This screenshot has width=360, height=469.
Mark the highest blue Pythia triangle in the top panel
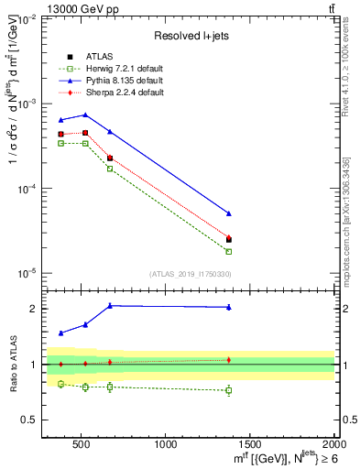[85, 115]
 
